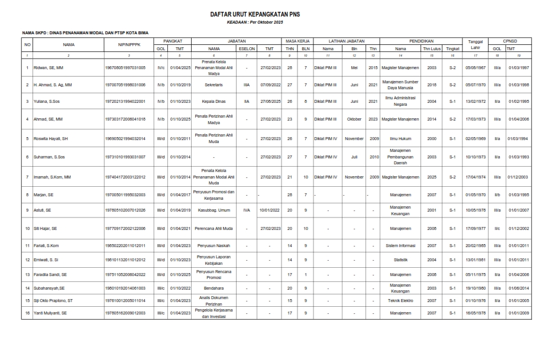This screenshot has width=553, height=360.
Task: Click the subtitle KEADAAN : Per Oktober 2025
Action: click(276, 22)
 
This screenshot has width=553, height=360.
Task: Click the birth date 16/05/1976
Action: click(475, 313)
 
